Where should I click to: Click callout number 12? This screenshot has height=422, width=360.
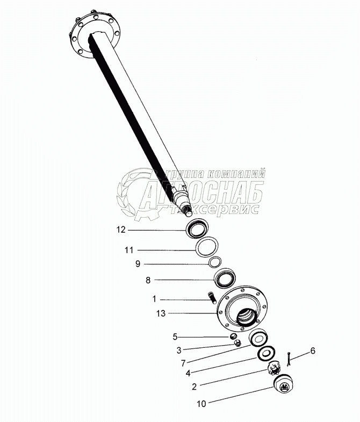pos(120,230)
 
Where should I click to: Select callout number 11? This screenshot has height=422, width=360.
pos(127,250)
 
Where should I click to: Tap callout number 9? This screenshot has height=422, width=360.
pos(138,263)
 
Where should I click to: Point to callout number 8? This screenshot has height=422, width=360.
pos(149,280)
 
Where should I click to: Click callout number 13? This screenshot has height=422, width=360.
pos(160,313)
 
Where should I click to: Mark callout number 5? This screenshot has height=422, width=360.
pos(175,337)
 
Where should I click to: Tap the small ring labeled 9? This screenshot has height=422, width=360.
pos(215,262)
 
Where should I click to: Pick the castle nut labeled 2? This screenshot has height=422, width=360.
pos(275,369)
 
